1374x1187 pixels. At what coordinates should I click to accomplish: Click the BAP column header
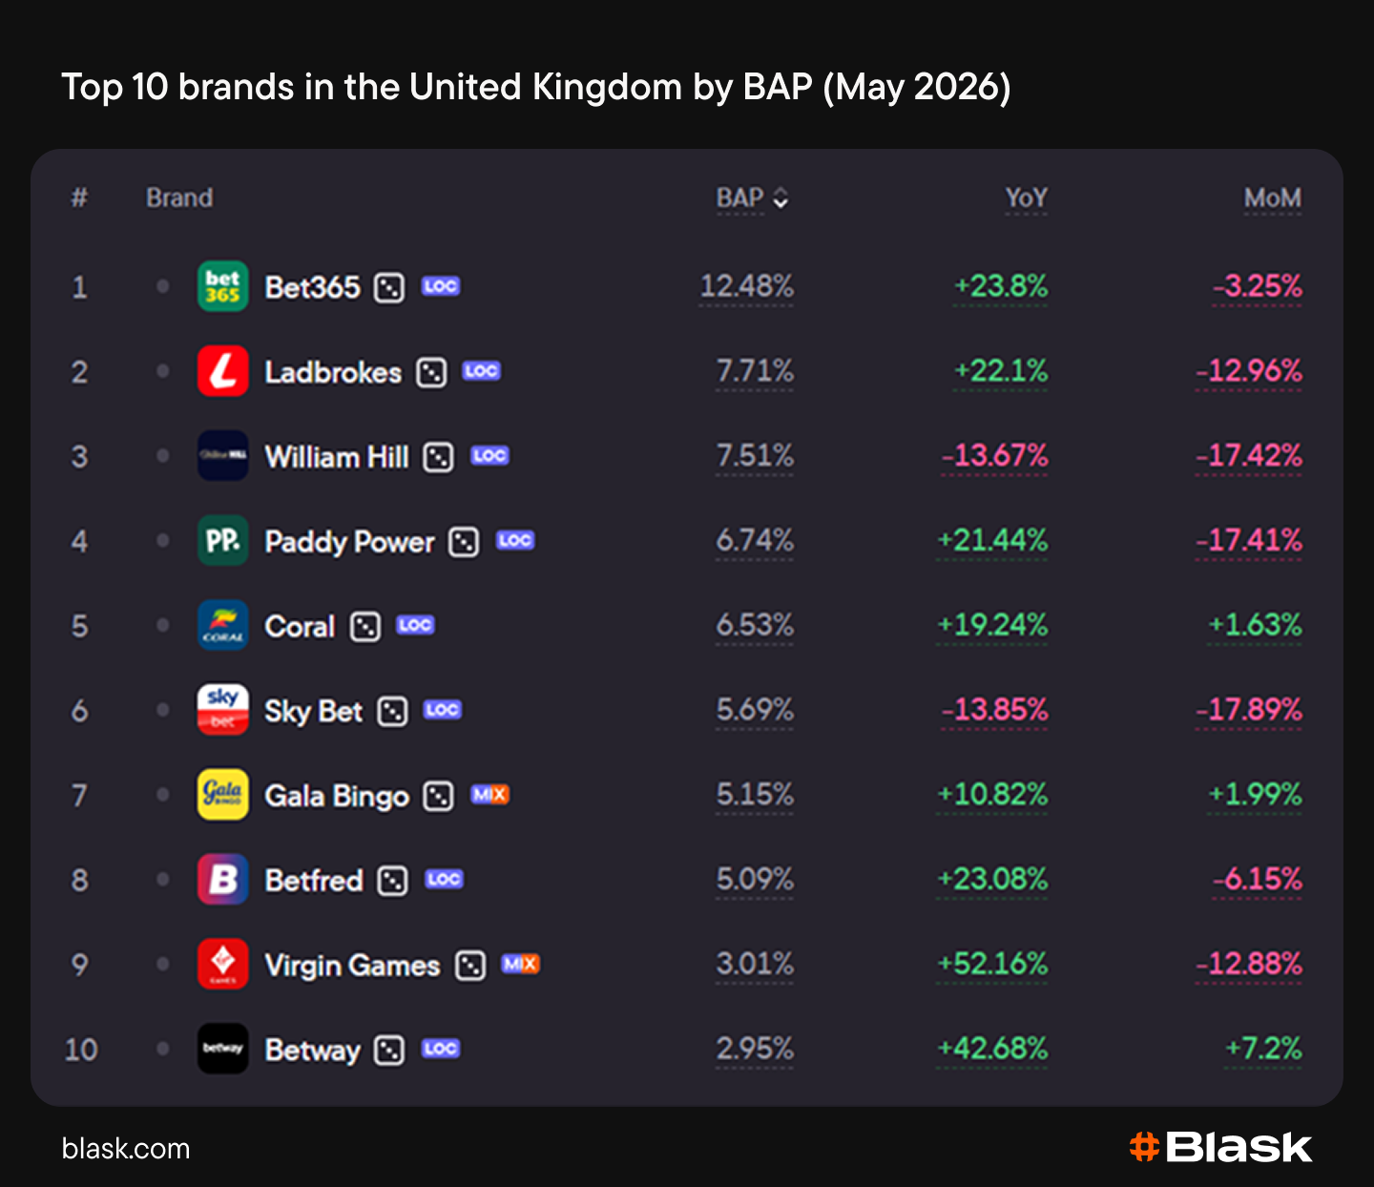[739, 198]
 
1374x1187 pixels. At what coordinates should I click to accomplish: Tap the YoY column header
[1026, 198]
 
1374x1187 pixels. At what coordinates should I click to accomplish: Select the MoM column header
[1272, 198]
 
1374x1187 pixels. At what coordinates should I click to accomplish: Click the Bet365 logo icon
[222, 286]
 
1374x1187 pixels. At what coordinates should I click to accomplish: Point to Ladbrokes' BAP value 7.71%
[755, 371]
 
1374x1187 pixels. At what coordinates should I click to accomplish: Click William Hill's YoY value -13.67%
[994, 456]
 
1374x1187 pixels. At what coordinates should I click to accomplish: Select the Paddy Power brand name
[349, 542]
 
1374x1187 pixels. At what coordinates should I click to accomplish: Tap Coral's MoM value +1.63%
[1255, 625]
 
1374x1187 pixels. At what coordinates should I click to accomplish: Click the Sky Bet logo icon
[222, 710]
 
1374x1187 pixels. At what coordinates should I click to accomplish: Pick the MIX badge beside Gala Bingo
[489, 794]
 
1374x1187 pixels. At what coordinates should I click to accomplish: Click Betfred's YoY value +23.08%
[991, 880]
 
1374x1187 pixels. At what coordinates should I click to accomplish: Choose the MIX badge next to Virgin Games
[520, 964]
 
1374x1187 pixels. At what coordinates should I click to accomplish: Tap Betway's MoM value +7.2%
[1263, 1049]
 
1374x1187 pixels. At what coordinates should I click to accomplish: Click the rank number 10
[80, 1050]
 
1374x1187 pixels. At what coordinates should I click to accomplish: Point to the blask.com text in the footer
[126, 1149]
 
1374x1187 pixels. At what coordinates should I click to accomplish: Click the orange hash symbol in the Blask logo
[1144, 1147]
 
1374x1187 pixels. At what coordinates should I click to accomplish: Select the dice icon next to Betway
[389, 1051]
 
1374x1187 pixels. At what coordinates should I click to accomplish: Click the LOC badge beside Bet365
[441, 286]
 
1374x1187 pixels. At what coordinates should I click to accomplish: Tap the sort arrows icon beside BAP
[781, 198]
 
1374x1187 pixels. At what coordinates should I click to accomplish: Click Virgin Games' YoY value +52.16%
[991, 964]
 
